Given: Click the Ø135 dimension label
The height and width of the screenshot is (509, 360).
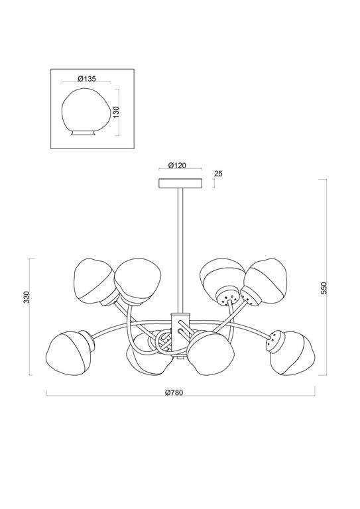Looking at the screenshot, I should pos(86,78).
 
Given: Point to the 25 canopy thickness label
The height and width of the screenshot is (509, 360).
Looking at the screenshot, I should pos(218,174).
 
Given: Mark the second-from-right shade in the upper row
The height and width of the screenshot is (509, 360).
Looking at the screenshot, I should pos(222,277).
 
